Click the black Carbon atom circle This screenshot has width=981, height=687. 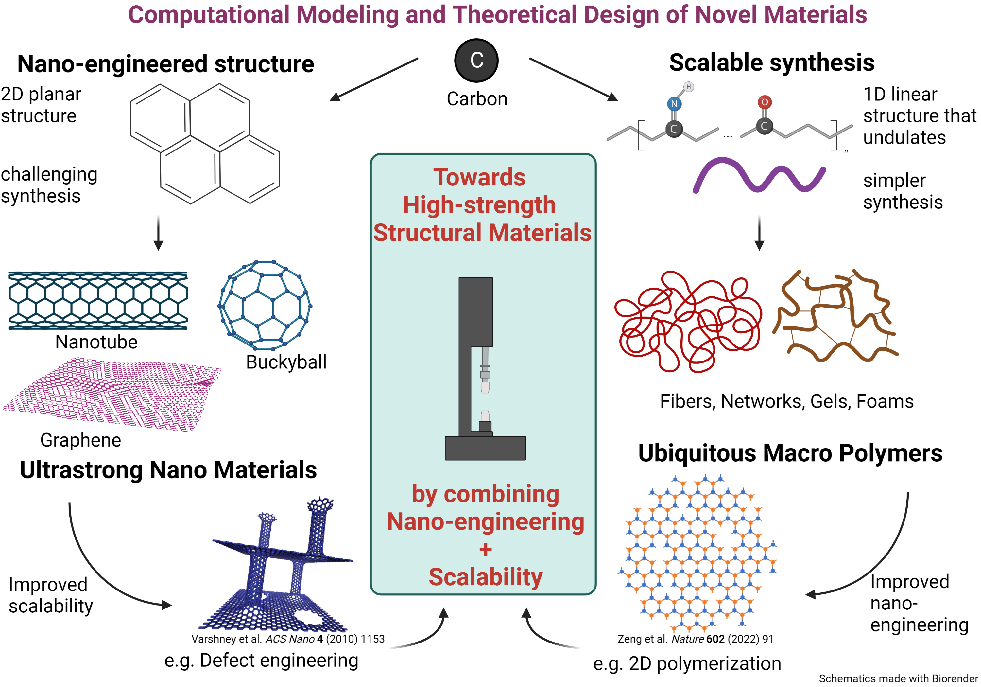476,60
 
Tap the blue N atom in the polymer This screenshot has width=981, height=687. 674,104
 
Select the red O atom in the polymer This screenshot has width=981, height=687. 765,102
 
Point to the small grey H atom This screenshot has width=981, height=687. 688,87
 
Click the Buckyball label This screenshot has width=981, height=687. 286,362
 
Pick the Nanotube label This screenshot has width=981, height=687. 96,342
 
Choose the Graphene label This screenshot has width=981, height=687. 80,440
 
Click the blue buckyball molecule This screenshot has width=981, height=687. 265,305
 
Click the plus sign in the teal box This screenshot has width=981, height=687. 485,549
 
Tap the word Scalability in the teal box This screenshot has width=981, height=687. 485,577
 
